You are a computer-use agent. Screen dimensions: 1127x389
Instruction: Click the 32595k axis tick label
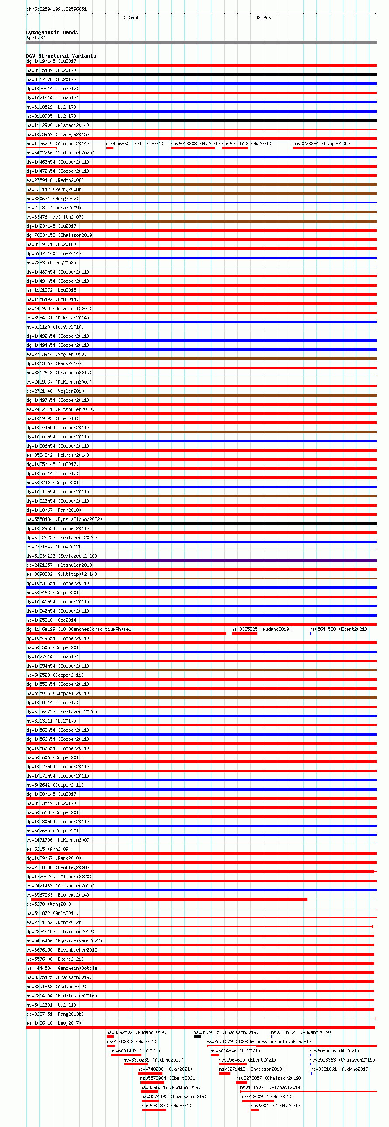[x=132, y=17]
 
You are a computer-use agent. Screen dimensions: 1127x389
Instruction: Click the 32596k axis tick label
[x=263, y=17]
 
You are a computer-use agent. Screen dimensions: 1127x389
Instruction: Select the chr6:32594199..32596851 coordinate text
[x=56, y=9]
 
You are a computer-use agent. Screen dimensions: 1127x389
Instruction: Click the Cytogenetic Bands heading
[x=52, y=32]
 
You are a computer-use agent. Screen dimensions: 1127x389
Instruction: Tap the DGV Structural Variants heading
[x=61, y=56]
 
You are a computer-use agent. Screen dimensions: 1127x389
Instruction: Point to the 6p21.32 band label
[x=35, y=38]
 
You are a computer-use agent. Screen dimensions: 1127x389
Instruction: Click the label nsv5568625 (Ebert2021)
[x=134, y=144]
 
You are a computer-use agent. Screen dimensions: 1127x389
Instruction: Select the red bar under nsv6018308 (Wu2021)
[x=193, y=148]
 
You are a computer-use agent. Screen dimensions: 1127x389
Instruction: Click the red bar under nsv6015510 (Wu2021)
[x=235, y=148]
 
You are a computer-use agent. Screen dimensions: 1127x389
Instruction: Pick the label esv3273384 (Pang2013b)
[x=321, y=144]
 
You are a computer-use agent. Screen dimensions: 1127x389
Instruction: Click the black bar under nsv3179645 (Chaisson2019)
[x=197, y=1036]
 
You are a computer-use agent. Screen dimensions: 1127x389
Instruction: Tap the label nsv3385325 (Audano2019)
[x=261, y=629]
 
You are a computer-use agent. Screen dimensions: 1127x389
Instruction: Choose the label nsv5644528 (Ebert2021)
[x=338, y=629]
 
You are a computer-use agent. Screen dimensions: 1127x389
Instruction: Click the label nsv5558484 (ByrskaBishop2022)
[x=64, y=519]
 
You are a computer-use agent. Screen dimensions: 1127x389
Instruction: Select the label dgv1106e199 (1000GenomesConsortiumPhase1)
[x=80, y=629]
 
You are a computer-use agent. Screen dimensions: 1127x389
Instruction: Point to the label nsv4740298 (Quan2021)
[x=165, y=1069]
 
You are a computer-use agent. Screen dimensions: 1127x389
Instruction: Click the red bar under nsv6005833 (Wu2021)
[x=154, y=1110]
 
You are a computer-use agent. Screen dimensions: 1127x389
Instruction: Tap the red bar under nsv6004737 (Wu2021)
[x=254, y=1110]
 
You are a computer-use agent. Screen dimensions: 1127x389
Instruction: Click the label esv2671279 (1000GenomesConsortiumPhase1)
[x=258, y=1041]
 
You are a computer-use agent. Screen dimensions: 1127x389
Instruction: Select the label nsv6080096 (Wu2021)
[x=334, y=1051]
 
